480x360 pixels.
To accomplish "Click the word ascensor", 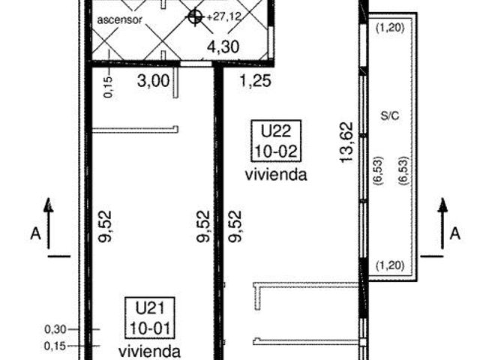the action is click(x=120, y=20).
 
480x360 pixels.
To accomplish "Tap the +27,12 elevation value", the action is click(x=224, y=16).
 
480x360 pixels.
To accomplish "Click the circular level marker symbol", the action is click(x=195, y=16).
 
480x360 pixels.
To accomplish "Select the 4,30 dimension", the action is click(x=223, y=47).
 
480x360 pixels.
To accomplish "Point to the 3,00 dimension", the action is click(x=153, y=81).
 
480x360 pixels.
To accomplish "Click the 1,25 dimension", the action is click(x=255, y=81).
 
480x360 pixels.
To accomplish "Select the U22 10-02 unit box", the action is click(x=276, y=140).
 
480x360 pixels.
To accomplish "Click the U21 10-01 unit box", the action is click(x=150, y=318).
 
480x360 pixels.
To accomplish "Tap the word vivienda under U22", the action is click(x=276, y=175).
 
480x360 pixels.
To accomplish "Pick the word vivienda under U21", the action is click(x=149, y=352).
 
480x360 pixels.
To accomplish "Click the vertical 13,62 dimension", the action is click(x=346, y=142).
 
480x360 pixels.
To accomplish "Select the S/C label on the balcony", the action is click(x=390, y=115).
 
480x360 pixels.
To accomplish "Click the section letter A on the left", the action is click(x=35, y=234).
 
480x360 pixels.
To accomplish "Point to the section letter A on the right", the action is click(x=455, y=233).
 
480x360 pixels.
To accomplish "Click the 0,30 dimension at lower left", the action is click(x=55, y=329).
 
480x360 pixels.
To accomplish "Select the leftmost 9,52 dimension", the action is click(x=105, y=226).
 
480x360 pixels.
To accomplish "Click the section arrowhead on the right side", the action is click(x=442, y=205).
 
